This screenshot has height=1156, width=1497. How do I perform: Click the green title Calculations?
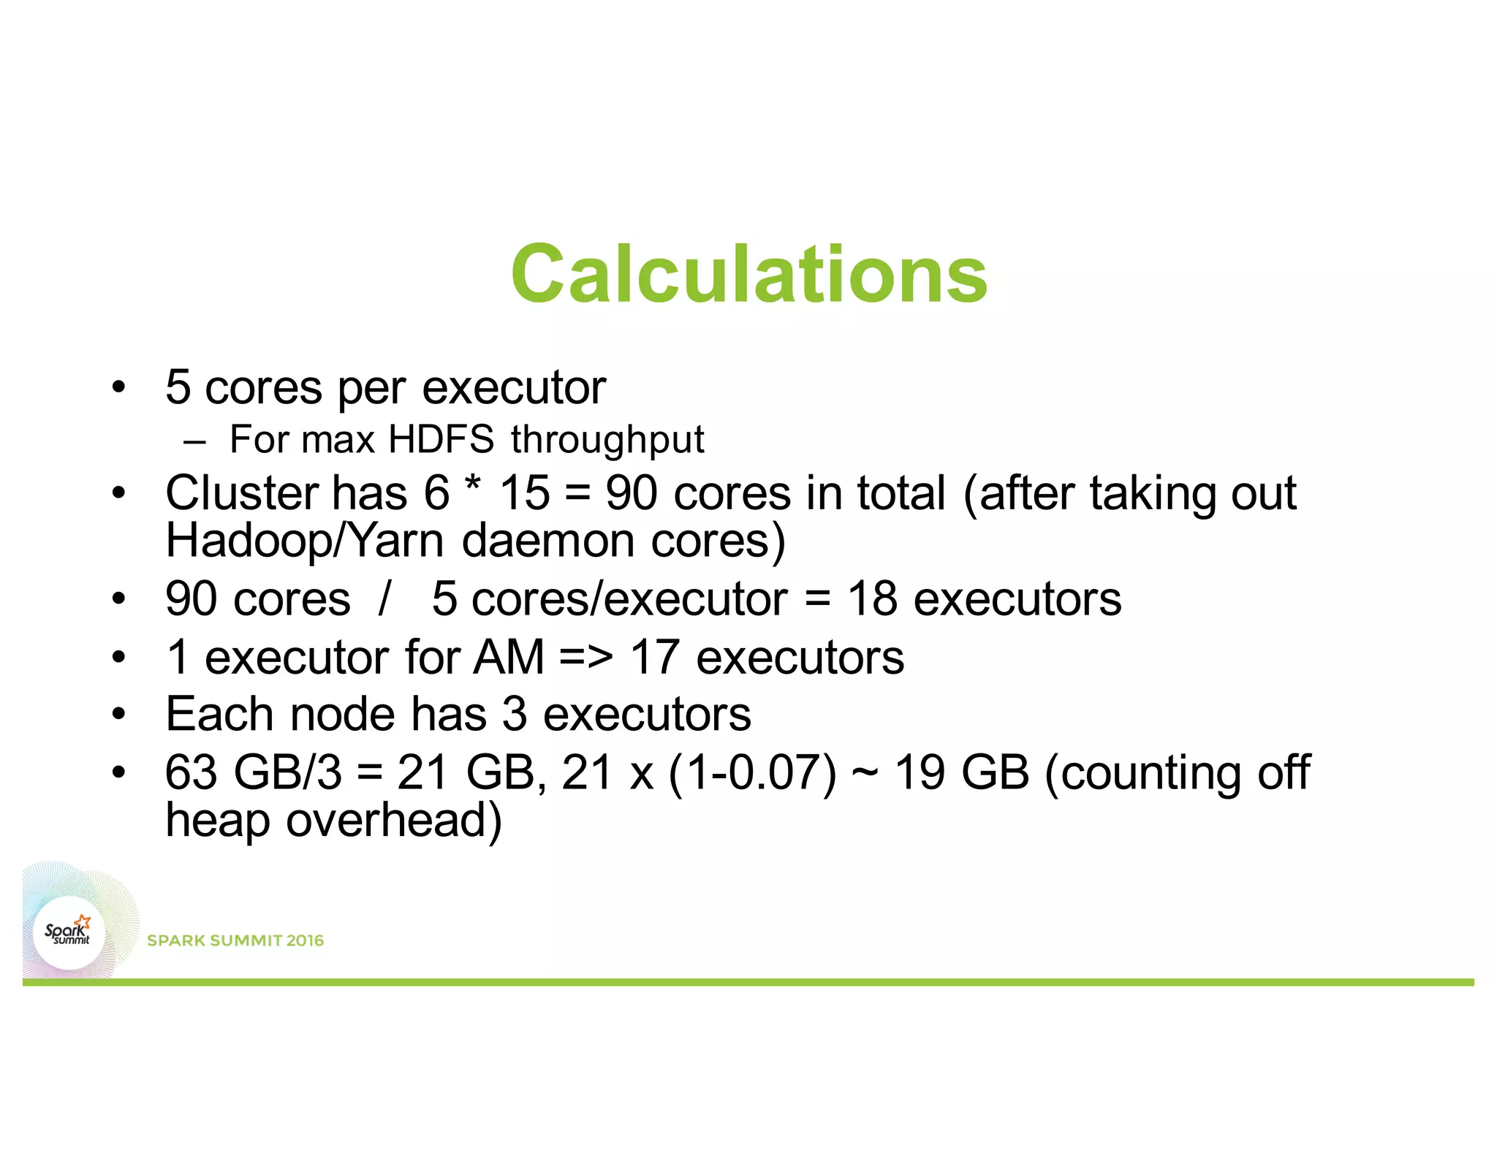[749, 274]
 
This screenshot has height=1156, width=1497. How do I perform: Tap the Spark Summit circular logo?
[69, 933]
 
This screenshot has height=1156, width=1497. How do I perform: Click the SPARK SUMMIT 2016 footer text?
[235, 940]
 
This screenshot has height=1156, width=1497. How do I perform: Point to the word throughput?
[607, 441]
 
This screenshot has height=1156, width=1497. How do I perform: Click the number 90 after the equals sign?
[632, 493]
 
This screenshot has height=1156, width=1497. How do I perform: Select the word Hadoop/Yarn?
[305, 541]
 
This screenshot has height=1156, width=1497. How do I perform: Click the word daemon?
[548, 541]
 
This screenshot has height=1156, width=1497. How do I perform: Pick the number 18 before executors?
[872, 599]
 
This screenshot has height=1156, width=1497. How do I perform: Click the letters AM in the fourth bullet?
[509, 657]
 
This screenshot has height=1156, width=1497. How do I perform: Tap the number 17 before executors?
[655, 657]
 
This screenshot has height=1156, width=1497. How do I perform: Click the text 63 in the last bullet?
[191, 772]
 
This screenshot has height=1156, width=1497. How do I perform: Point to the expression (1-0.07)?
[752, 773]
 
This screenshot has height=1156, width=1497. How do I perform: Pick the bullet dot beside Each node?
[119, 714]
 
